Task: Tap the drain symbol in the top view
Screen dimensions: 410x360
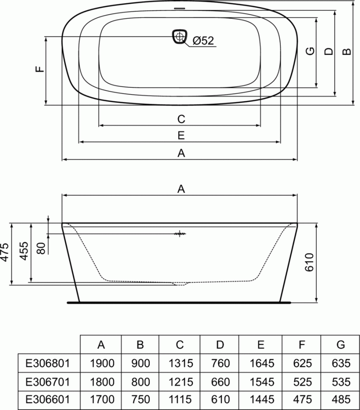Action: point(180,36)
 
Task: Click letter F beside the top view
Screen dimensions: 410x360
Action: point(40,69)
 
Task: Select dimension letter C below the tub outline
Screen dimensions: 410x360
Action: point(180,119)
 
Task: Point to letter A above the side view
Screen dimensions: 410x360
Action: point(180,189)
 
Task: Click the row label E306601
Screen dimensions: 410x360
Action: point(48,399)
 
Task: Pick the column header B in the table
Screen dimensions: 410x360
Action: point(140,345)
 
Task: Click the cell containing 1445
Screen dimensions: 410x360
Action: point(261,399)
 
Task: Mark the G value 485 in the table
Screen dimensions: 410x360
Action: point(341,399)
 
